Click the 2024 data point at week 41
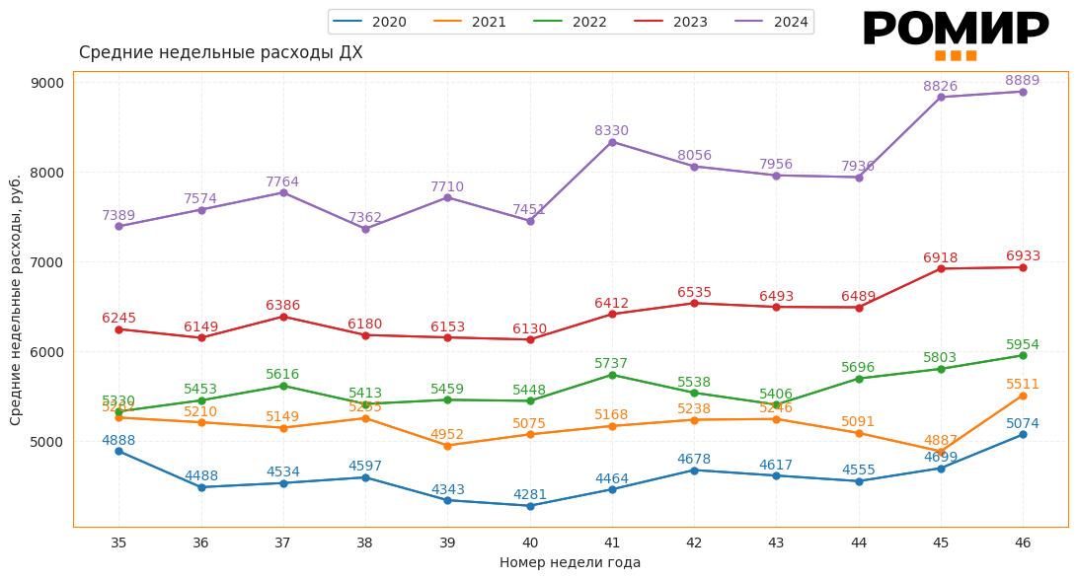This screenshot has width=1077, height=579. [x=612, y=142]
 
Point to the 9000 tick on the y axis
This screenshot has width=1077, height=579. [x=48, y=83]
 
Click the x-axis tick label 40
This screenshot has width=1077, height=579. [x=530, y=543]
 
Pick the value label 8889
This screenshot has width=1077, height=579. [x=1023, y=81]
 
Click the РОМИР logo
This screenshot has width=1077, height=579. [x=955, y=34]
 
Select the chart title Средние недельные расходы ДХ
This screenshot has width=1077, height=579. [x=220, y=53]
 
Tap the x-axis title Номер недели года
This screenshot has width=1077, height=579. [x=570, y=563]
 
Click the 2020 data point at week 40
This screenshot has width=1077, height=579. [x=530, y=506]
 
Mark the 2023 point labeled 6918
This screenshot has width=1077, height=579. [x=941, y=268]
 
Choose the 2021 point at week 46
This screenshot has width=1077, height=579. [x=1023, y=396]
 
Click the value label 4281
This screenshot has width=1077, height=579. [x=530, y=495]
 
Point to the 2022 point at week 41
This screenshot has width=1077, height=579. [x=612, y=375]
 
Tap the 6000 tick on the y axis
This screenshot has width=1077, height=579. [x=48, y=352]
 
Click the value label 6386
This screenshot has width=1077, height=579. [x=283, y=306]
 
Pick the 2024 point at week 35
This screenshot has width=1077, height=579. [x=118, y=226]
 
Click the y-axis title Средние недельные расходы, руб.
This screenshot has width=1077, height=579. [x=16, y=300]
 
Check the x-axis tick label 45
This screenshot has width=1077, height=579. [x=941, y=543]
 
